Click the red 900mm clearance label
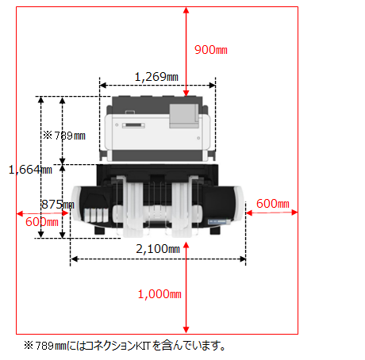click(x=211, y=50)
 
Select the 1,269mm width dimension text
click(x=156, y=77)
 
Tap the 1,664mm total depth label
click(x=30, y=170)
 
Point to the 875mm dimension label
click(x=58, y=205)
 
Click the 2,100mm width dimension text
click(x=158, y=249)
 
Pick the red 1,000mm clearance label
click(x=159, y=294)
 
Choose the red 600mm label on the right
click(x=273, y=204)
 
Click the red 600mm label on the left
click(x=42, y=222)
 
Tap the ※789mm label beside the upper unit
click(x=64, y=136)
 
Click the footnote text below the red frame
click(x=125, y=346)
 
